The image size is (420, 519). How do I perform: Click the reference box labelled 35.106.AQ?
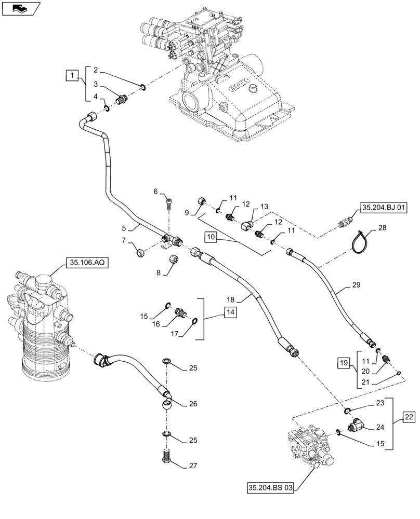point(86,264)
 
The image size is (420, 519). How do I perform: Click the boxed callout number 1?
point(72,76)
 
